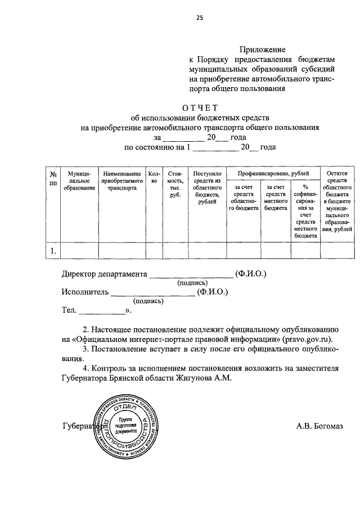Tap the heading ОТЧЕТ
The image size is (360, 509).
[199, 108]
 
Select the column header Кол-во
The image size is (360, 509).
[154, 178]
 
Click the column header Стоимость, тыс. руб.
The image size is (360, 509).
[174, 184]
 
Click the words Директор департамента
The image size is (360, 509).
[103, 274]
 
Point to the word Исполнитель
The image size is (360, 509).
[84, 292]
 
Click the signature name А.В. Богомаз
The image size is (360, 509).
[319, 426]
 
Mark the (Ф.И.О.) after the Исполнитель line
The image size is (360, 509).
[213, 292]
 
